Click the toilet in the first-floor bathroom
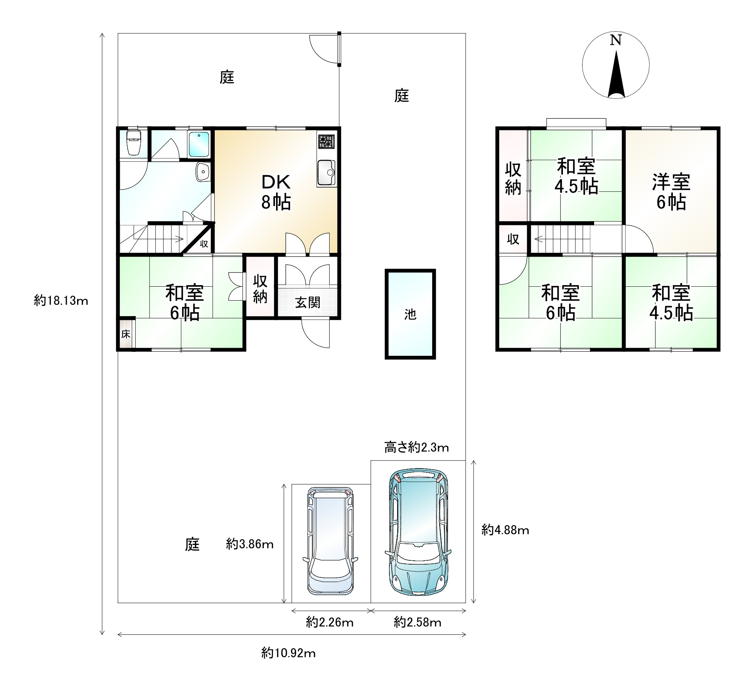tap(133, 143)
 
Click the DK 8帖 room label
tap(276, 192)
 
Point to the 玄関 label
tap(308, 303)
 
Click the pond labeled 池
tap(410, 314)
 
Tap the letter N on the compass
tap(615, 40)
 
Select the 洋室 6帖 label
tap(671, 192)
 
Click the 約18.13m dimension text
tap(61, 300)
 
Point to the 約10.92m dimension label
tap(288, 653)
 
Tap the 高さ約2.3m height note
tap(417, 448)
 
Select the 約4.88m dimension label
tap(505, 530)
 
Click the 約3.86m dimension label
tap(250, 544)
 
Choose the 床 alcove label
tap(126, 334)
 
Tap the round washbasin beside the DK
tap(202, 172)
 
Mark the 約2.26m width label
tap(330, 622)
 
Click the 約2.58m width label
tap(418, 622)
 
